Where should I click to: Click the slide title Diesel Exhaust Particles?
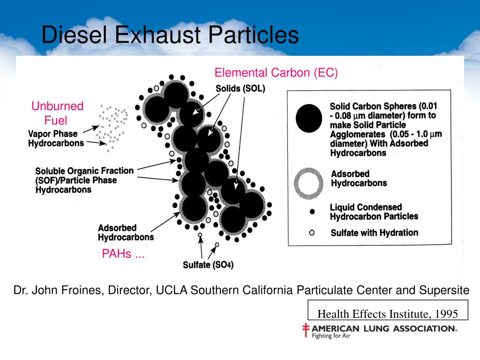170,35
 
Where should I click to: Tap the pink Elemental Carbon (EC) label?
276,73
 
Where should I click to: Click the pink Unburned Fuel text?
57,113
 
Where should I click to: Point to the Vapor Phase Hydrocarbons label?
56,138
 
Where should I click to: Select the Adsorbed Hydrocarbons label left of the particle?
126,232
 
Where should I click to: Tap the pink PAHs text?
123,255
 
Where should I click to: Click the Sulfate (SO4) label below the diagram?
208,265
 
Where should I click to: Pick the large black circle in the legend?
309,119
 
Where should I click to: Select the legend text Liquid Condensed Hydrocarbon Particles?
374,211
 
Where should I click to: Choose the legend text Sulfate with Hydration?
374,232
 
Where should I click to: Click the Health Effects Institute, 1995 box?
387,314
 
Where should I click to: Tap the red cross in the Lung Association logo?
306,330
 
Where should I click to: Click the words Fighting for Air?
331,336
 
